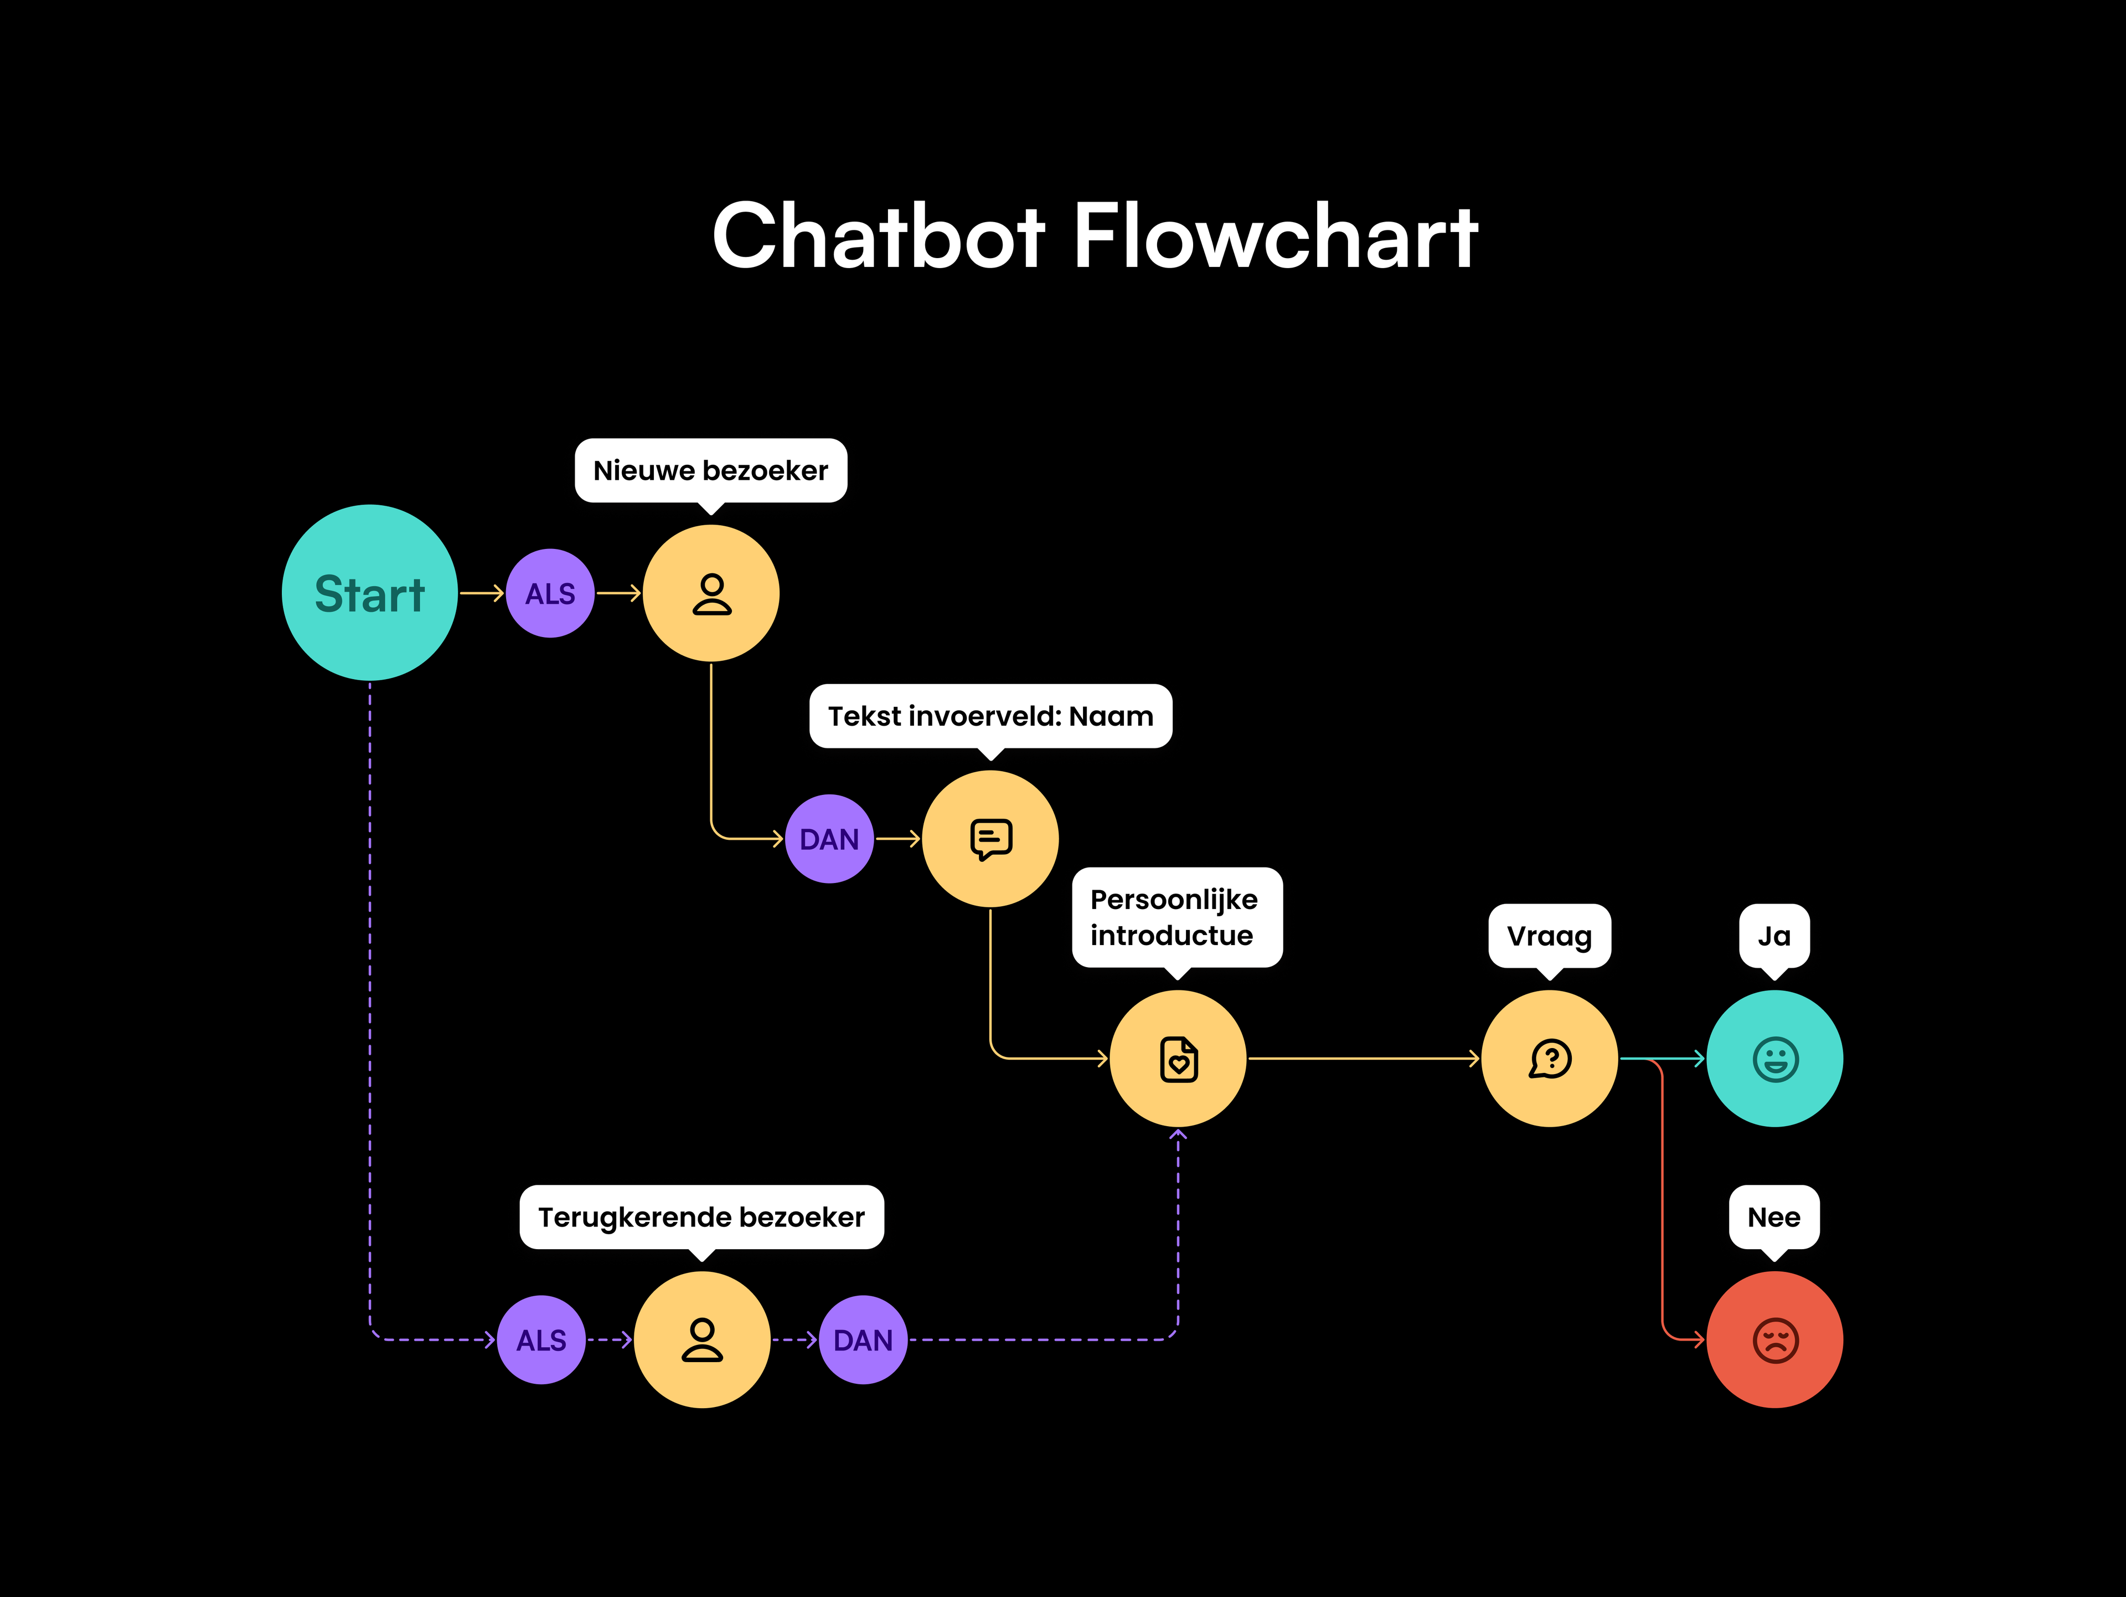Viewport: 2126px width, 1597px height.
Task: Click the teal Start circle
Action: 369,593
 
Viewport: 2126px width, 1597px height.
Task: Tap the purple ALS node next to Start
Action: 550,593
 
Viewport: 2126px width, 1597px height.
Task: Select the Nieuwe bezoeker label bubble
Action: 710,470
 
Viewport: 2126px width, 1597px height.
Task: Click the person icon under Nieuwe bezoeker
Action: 711,593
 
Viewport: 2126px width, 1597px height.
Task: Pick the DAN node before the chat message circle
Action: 828,839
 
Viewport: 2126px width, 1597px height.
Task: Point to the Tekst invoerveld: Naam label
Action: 990,716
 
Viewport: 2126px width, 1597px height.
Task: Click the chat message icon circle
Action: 990,839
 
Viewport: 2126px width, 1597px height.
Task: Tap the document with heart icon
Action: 1178,1059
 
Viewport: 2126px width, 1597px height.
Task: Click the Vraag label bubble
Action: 1549,936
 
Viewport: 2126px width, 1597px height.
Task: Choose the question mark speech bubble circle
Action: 1549,1059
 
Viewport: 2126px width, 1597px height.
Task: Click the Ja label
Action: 1774,936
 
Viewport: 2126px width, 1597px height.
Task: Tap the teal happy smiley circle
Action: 1774,1059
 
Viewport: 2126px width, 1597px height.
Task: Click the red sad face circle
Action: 1774,1339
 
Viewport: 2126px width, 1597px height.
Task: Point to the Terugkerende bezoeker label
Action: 701,1217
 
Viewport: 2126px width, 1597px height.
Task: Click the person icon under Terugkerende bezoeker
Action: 701,1339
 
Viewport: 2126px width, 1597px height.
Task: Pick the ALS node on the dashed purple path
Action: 541,1339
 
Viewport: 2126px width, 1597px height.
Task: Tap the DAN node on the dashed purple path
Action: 862,1339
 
